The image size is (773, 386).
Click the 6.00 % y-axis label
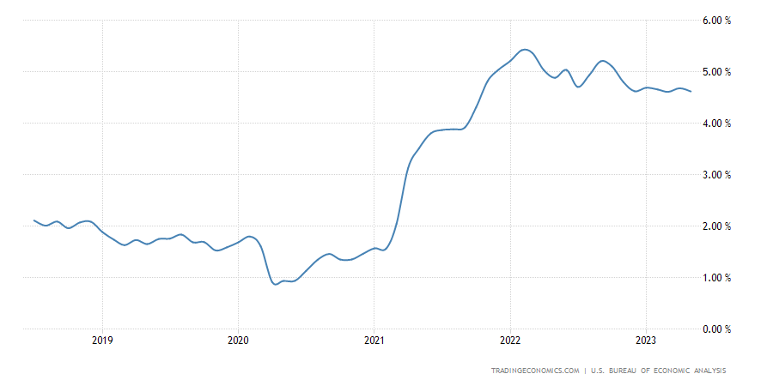pos(716,21)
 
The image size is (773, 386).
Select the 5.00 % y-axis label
pos(716,72)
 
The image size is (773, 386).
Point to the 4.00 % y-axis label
pos(716,124)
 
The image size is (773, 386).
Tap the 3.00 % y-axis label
pos(716,175)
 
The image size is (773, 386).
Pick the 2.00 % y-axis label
pos(716,226)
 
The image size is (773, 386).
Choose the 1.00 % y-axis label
pos(716,278)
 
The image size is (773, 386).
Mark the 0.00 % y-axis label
pos(716,329)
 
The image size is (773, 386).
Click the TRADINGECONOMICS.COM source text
pos(534,371)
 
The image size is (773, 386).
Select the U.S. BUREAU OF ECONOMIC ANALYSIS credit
pos(658,371)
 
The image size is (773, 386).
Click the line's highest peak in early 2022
pos(526,50)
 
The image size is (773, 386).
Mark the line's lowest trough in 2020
pos(276,283)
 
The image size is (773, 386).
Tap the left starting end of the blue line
pos(33,220)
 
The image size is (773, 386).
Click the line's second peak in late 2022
pos(603,61)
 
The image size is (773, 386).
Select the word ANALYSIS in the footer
pos(706,371)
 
